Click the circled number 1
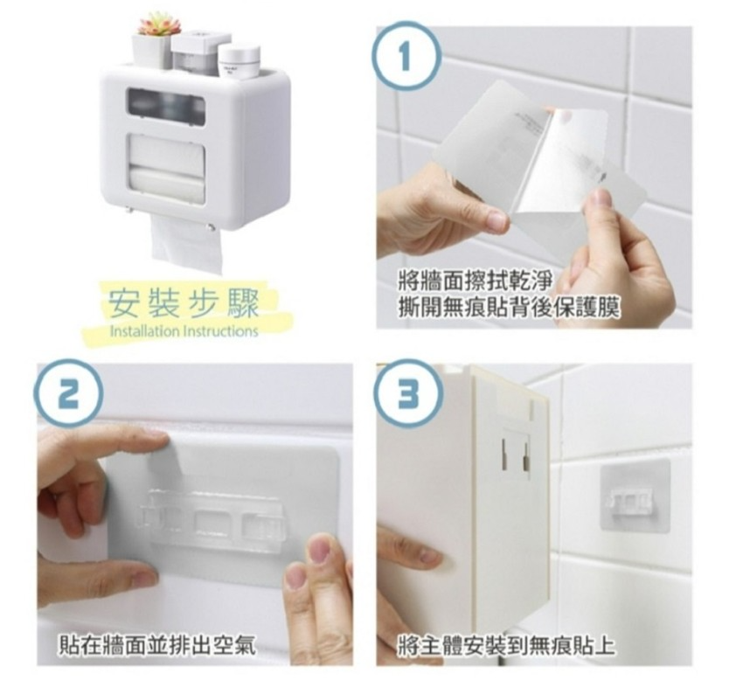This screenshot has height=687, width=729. pos(406,56)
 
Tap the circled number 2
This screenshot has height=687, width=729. pos(68,392)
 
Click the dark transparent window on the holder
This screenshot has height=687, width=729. pos(166,107)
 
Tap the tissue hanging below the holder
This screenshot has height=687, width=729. pos(186,245)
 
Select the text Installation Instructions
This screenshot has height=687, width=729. pos(184,331)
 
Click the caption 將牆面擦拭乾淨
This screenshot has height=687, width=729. pos(476,281)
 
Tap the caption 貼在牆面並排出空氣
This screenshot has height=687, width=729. pos(156,645)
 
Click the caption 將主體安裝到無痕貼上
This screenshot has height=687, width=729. pos(505,645)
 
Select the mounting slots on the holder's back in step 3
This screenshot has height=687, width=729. pos(515,454)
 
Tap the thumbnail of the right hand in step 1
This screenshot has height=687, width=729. pos(603,199)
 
